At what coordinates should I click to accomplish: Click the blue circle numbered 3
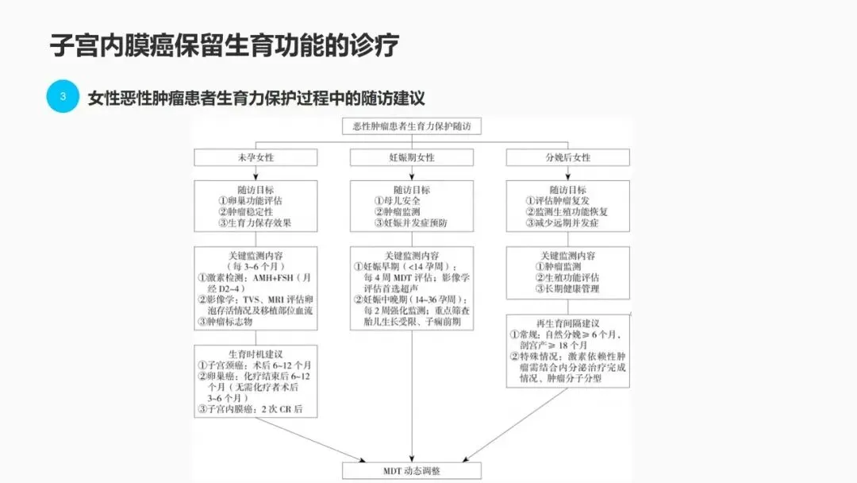tap(63, 97)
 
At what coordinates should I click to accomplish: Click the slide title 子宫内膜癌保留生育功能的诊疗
tap(225, 45)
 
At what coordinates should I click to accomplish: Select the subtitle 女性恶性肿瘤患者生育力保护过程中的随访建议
tap(257, 99)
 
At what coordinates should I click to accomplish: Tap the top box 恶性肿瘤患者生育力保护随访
tap(412, 126)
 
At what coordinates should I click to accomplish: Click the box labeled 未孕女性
tap(256, 158)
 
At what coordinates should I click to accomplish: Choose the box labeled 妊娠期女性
tap(412, 158)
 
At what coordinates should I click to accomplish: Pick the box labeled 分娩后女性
tap(568, 158)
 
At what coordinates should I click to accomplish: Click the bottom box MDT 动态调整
tap(412, 471)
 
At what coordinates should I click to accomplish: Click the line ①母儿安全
tap(395, 201)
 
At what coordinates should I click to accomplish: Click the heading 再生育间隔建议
tap(568, 323)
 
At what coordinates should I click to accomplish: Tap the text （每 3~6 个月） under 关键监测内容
tap(256, 267)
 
